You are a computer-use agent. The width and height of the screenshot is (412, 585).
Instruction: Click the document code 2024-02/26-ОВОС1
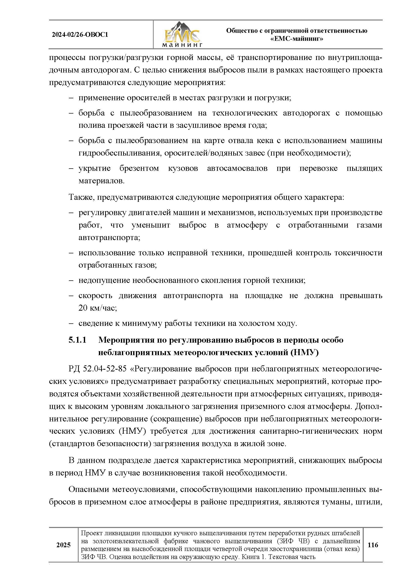click(x=80, y=35)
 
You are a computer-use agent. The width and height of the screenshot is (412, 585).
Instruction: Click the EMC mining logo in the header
click(x=182, y=35)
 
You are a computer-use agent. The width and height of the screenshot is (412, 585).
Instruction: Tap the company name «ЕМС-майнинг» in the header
click(x=297, y=39)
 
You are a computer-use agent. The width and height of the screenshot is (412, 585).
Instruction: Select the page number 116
click(x=372, y=545)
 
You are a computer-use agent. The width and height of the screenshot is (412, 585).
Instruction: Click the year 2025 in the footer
click(x=63, y=545)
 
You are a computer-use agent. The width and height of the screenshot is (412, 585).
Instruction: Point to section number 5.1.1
click(x=78, y=340)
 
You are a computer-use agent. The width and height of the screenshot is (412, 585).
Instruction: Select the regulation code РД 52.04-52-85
click(x=97, y=369)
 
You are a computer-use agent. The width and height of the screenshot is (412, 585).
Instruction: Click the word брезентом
click(x=139, y=168)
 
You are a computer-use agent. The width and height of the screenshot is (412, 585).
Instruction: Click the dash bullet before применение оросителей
click(x=71, y=98)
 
